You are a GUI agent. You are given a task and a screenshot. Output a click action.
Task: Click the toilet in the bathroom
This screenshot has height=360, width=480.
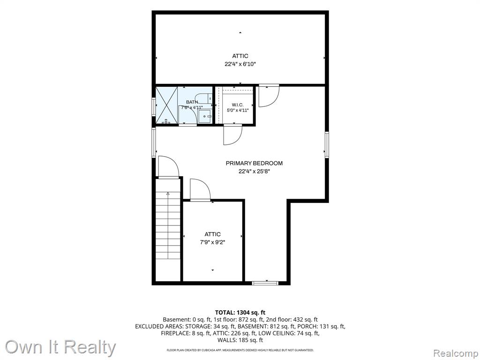[205, 97]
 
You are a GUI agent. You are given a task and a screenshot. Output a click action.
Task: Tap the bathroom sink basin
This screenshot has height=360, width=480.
[204, 116]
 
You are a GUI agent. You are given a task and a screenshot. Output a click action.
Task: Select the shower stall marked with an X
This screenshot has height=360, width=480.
[166, 105]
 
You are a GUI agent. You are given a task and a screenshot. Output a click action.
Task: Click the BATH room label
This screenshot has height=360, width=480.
[192, 102]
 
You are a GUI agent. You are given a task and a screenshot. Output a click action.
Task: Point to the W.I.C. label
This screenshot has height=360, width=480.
[238, 105]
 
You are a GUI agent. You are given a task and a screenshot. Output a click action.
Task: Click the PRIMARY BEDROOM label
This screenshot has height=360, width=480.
[254, 163]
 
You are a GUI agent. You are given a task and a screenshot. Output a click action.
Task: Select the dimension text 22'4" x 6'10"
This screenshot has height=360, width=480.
[240, 64]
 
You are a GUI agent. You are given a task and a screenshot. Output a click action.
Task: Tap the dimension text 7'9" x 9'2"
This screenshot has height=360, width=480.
[212, 242]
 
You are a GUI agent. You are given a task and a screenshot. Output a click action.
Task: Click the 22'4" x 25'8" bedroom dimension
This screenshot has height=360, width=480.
[254, 172]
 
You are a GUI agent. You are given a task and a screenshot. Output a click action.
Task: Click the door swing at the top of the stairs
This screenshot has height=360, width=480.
[168, 166]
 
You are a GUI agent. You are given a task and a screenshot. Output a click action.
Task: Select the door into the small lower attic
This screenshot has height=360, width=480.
[200, 190]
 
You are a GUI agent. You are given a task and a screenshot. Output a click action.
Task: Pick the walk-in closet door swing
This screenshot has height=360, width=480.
[233, 135]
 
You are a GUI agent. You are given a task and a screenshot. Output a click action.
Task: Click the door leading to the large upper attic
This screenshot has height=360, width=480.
[269, 96]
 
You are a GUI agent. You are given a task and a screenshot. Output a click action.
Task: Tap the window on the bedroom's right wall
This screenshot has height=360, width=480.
[327, 145]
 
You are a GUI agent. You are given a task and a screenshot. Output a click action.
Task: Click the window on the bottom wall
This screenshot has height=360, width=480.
[265, 283]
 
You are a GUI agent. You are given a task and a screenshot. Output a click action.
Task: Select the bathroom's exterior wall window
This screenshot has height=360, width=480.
[154, 106]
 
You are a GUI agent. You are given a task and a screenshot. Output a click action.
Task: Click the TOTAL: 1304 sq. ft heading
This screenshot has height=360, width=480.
[240, 313]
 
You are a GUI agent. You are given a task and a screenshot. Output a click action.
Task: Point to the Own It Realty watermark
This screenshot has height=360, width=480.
[60, 347]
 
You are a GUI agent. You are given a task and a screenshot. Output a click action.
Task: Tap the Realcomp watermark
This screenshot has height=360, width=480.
[455, 353]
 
